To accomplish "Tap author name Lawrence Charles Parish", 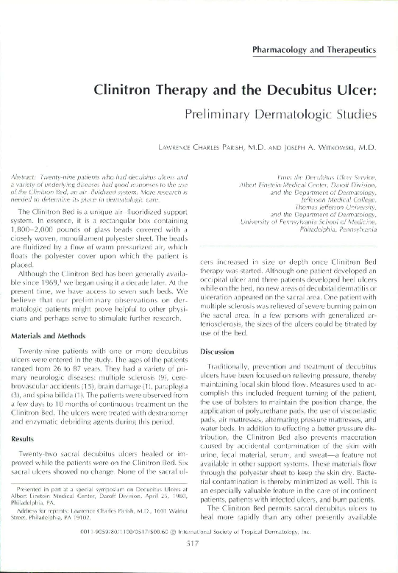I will pyautogui.click(x=203, y=148).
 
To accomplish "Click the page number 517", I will pyautogui.click(x=198, y=563).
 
